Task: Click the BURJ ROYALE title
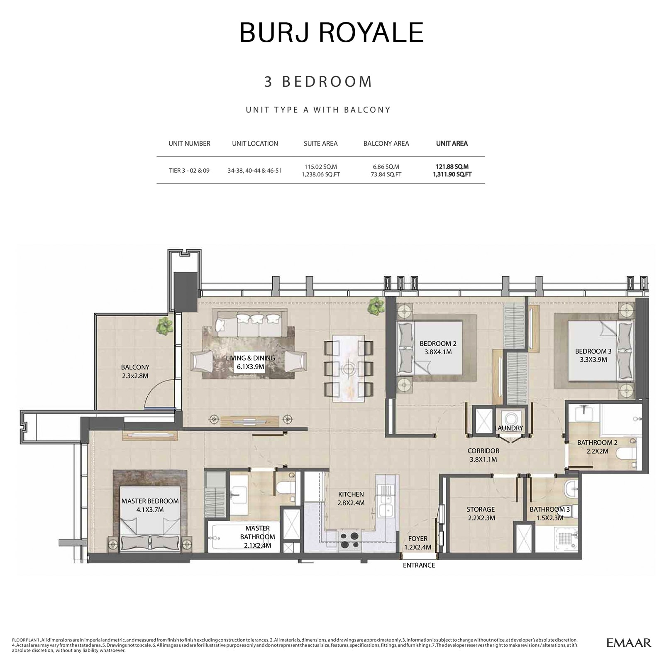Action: [x=331, y=32]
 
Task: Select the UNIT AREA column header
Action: [x=452, y=144]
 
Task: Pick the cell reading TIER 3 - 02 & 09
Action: [x=189, y=171]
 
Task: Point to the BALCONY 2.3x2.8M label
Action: [x=135, y=371]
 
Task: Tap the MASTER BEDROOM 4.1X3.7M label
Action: [x=150, y=505]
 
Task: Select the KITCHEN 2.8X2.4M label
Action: [x=351, y=498]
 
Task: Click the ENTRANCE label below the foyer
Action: [x=419, y=565]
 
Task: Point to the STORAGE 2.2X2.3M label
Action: [x=481, y=513]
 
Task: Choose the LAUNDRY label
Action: [x=508, y=428]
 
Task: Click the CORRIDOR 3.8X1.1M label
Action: [x=483, y=455]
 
